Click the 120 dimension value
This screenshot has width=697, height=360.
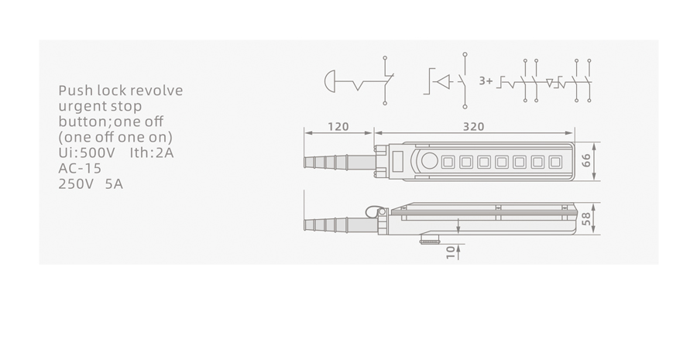click(338, 127)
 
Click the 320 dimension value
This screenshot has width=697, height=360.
click(473, 127)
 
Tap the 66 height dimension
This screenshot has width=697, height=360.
click(586, 161)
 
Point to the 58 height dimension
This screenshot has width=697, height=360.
click(586, 218)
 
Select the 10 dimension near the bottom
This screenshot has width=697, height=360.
click(452, 252)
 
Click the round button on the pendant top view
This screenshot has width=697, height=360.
click(429, 161)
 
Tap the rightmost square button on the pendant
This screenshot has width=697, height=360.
click(555, 162)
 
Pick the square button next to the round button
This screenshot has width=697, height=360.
click(448, 162)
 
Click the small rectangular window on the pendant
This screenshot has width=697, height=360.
click(398, 160)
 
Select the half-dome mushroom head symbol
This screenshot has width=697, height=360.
click(330, 81)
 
